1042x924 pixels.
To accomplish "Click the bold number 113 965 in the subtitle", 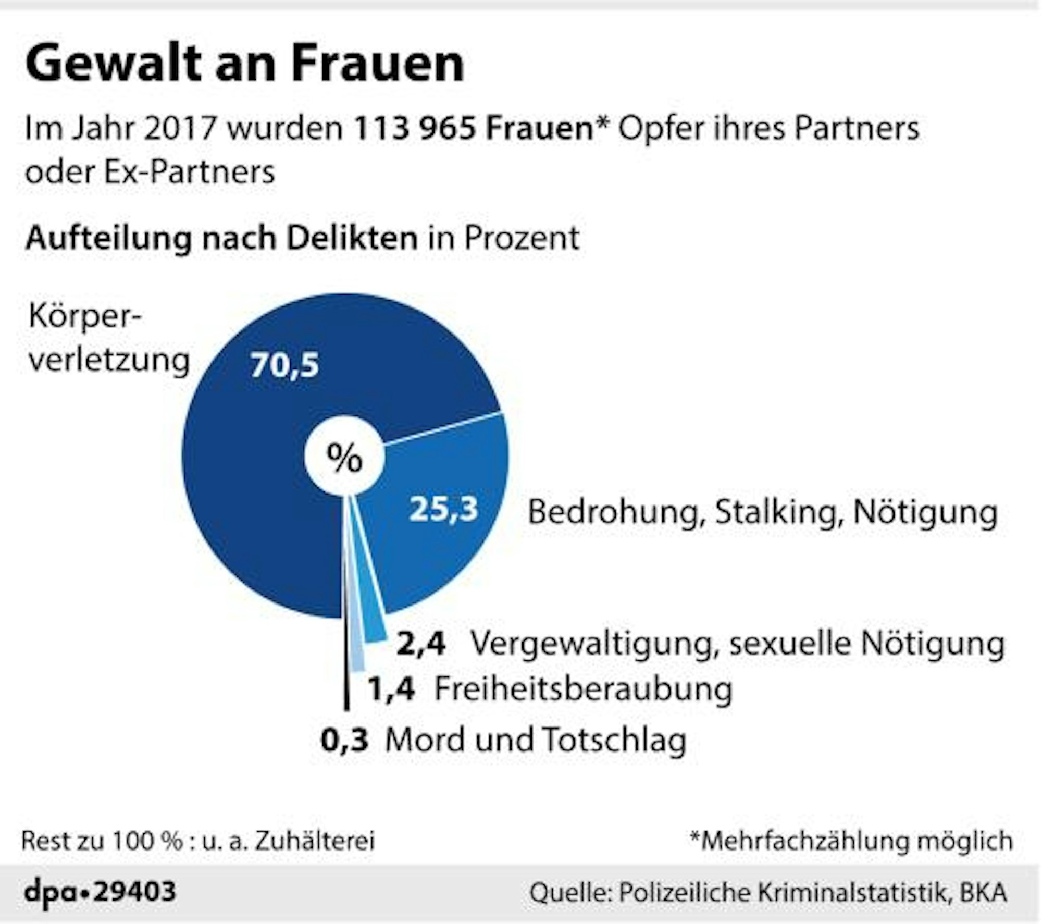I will click(x=414, y=128).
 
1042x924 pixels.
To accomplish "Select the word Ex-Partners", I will click(x=189, y=172).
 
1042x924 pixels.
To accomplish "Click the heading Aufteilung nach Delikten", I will click(x=221, y=238).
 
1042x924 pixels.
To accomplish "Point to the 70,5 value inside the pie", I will click(x=284, y=365).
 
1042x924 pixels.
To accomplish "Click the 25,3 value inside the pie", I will click(x=443, y=509).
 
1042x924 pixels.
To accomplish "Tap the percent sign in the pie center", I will click(x=344, y=458).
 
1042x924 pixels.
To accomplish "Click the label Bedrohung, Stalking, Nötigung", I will click(x=762, y=512).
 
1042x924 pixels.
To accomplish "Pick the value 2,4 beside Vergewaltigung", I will click(x=421, y=644).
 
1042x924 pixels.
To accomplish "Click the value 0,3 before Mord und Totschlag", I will click(x=344, y=740).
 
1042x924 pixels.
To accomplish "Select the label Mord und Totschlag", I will click(x=536, y=740).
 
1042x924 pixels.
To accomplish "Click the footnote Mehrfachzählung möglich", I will click(x=851, y=841).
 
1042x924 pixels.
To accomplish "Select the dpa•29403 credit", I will click(x=100, y=892).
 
